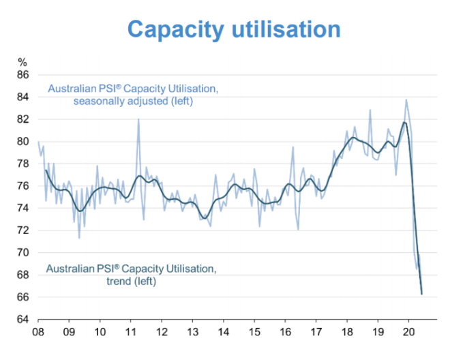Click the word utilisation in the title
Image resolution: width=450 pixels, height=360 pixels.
[x=286, y=29]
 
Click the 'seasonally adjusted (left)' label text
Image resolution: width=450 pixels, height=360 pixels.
[x=134, y=102]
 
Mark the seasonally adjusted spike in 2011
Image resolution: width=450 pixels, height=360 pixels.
[x=138, y=119]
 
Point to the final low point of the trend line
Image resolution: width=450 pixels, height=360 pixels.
[x=421, y=294]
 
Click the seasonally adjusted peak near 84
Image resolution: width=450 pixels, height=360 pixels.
[x=406, y=100]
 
